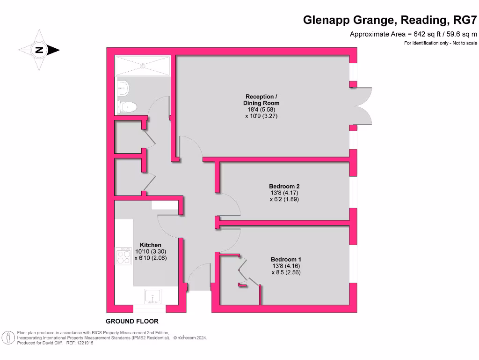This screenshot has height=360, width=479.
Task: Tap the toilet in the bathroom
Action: click(128, 107)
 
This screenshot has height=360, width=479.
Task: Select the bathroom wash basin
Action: click(123, 86)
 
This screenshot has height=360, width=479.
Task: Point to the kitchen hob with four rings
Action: click(124, 256)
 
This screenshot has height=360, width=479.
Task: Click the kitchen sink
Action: click(153, 297)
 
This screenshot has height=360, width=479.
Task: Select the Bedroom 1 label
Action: click(286, 259)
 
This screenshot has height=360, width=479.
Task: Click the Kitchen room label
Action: click(151, 245)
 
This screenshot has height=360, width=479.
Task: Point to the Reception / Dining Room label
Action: click(261, 100)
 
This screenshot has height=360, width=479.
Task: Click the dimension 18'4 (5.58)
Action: click(261, 109)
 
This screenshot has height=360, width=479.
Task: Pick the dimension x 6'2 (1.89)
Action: click(284, 199)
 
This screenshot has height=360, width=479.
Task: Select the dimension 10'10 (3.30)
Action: click(151, 251)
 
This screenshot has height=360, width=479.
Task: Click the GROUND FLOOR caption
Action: click(132, 321)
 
